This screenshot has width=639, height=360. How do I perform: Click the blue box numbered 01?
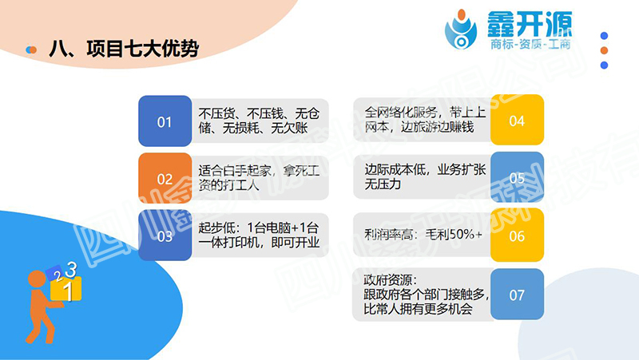click(165, 122)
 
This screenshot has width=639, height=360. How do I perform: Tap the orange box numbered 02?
click(165, 179)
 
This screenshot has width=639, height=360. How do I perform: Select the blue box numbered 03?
click(165, 236)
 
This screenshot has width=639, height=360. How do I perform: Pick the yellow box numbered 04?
click(517, 121)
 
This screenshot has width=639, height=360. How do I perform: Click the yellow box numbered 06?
click(517, 236)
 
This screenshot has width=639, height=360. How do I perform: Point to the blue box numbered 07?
click(517, 295)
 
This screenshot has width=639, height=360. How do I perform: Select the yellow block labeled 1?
click(67, 291)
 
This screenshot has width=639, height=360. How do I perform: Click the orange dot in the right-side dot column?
click(605, 50)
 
